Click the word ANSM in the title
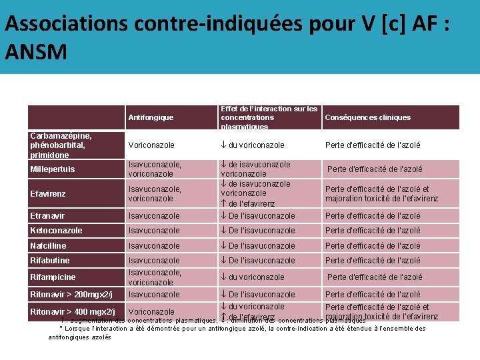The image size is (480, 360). (35, 51)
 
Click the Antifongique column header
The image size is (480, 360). (151, 117)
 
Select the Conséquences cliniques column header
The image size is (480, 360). (367, 117)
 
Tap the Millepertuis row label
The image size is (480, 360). (53, 169)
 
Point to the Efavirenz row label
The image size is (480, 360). (48, 194)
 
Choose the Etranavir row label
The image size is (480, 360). (48, 216)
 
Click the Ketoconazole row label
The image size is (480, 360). (57, 231)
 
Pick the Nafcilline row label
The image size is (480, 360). (49, 246)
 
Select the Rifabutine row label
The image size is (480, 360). (50, 261)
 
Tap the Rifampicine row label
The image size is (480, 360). (53, 277)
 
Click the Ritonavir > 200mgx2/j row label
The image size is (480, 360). (71, 295)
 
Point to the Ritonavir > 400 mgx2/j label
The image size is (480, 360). (73, 311)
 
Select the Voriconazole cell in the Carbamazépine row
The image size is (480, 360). (151, 145)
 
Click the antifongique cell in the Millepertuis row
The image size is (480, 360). (155, 169)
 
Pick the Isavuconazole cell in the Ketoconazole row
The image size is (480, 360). (154, 231)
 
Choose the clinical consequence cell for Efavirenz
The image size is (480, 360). (381, 194)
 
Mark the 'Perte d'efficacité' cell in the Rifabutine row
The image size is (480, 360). (373, 261)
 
